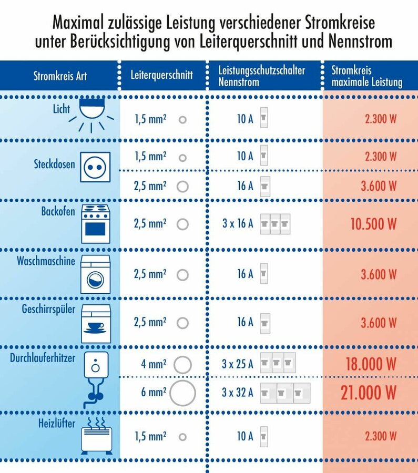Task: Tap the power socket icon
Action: click(95, 167)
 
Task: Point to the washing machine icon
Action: click(95, 274)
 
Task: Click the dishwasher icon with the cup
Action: click(96, 324)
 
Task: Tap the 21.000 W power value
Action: click(368, 393)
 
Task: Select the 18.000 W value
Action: click(371, 364)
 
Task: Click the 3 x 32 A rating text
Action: click(238, 392)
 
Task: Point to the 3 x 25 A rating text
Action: click(238, 364)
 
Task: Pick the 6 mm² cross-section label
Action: click(154, 392)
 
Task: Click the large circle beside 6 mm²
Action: click(182, 393)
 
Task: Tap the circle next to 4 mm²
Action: click(182, 364)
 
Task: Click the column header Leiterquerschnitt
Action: click(161, 75)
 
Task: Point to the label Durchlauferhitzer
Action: click(43, 358)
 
